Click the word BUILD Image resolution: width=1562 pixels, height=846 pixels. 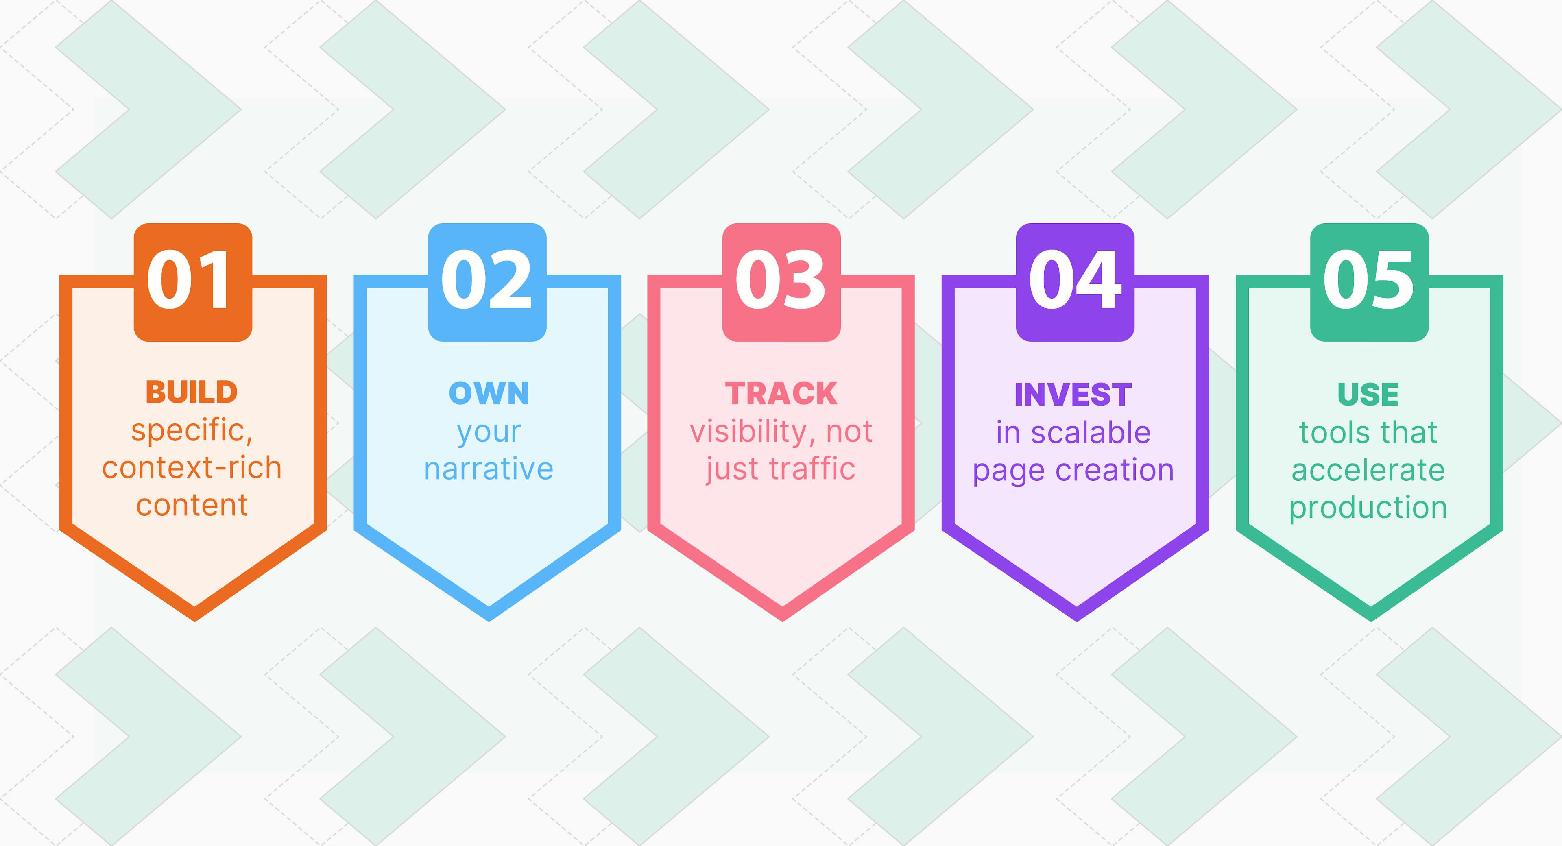pos(192,392)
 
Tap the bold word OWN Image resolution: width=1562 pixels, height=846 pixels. pos(489,394)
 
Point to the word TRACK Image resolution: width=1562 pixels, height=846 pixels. pos(781,394)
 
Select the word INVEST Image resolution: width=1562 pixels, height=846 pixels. pos(1073,395)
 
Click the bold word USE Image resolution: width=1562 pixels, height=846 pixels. pos(1368,395)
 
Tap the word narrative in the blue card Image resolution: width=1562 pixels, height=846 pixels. pos(489,469)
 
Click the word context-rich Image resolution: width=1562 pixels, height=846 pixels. pos(192,468)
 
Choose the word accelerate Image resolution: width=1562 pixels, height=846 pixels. pos(1368,471)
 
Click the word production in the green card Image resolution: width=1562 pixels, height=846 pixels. pos(1368,508)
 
